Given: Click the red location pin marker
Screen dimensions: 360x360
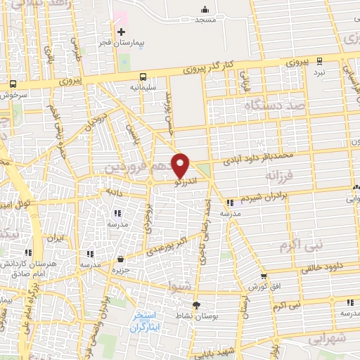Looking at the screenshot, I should click(181, 165).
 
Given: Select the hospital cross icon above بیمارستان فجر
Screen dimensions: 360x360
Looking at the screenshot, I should click(122, 32).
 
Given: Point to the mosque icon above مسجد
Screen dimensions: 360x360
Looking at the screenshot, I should click(205, 9).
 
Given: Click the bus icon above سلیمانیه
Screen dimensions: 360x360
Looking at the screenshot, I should click(143, 77).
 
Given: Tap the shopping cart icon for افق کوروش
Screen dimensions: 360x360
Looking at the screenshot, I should click(263, 277).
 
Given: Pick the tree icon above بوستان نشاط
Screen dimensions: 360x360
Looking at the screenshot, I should click(196, 305).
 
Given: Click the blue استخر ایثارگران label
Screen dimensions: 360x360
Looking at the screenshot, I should click(146, 322).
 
